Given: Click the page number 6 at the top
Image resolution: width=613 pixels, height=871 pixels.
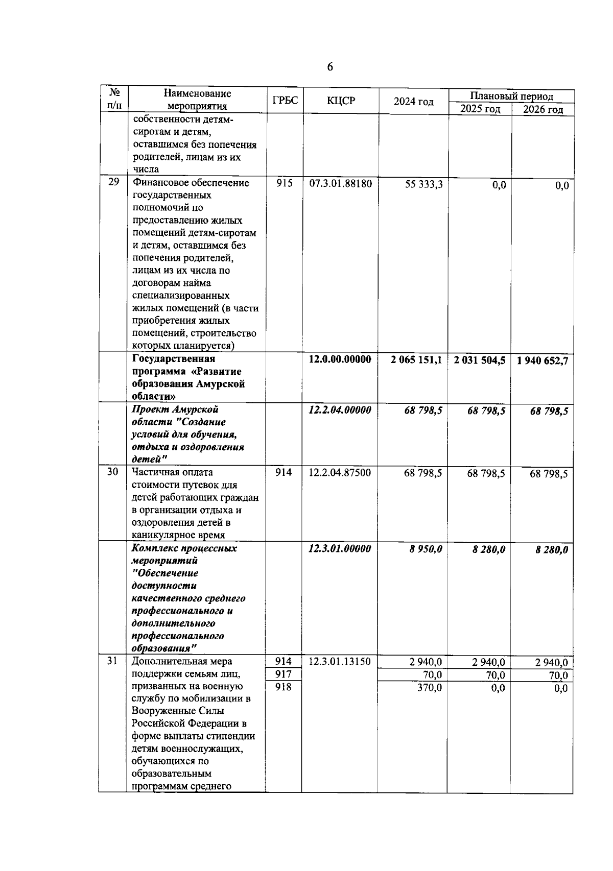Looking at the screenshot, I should pyautogui.click(x=329, y=67).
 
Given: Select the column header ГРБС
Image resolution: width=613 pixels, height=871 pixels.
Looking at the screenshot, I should pyautogui.click(x=285, y=101).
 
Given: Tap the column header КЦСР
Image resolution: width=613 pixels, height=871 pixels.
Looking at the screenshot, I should pyautogui.click(x=340, y=101).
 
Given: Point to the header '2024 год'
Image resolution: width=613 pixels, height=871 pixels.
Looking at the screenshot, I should pyautogui.click(x=413, y=102).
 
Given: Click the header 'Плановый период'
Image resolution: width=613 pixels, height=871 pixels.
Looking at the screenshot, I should pyautogui.click(x=511, y=96).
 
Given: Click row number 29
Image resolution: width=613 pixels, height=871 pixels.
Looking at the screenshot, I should pyautogui.click(x=113, y=183).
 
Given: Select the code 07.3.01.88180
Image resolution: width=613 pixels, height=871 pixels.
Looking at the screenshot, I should pyautogui.click(x=340, y=183).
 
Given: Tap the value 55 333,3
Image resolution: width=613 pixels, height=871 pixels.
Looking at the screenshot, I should pyautogui.click(x=423, y=184).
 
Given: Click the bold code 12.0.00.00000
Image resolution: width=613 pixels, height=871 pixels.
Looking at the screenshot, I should pyautogui.click(x=340, y=359).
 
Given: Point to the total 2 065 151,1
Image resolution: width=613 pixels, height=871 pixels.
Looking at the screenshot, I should pyautogui.click(x=416, y=360).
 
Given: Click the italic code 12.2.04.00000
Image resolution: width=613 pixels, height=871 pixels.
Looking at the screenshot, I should pyautogui.click(x=340, y=410).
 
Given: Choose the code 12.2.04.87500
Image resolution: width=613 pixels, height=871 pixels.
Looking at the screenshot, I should pyautogui.click(x=340, y=473).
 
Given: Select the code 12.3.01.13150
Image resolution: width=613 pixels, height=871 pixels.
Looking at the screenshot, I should pyautogui.click(x=340, y=662).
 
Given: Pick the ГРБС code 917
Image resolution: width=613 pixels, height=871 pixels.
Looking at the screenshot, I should pyautogui.click(x=284, y=674).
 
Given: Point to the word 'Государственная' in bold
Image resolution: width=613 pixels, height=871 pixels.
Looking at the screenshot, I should pyautogui.click(x=173, y=359).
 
